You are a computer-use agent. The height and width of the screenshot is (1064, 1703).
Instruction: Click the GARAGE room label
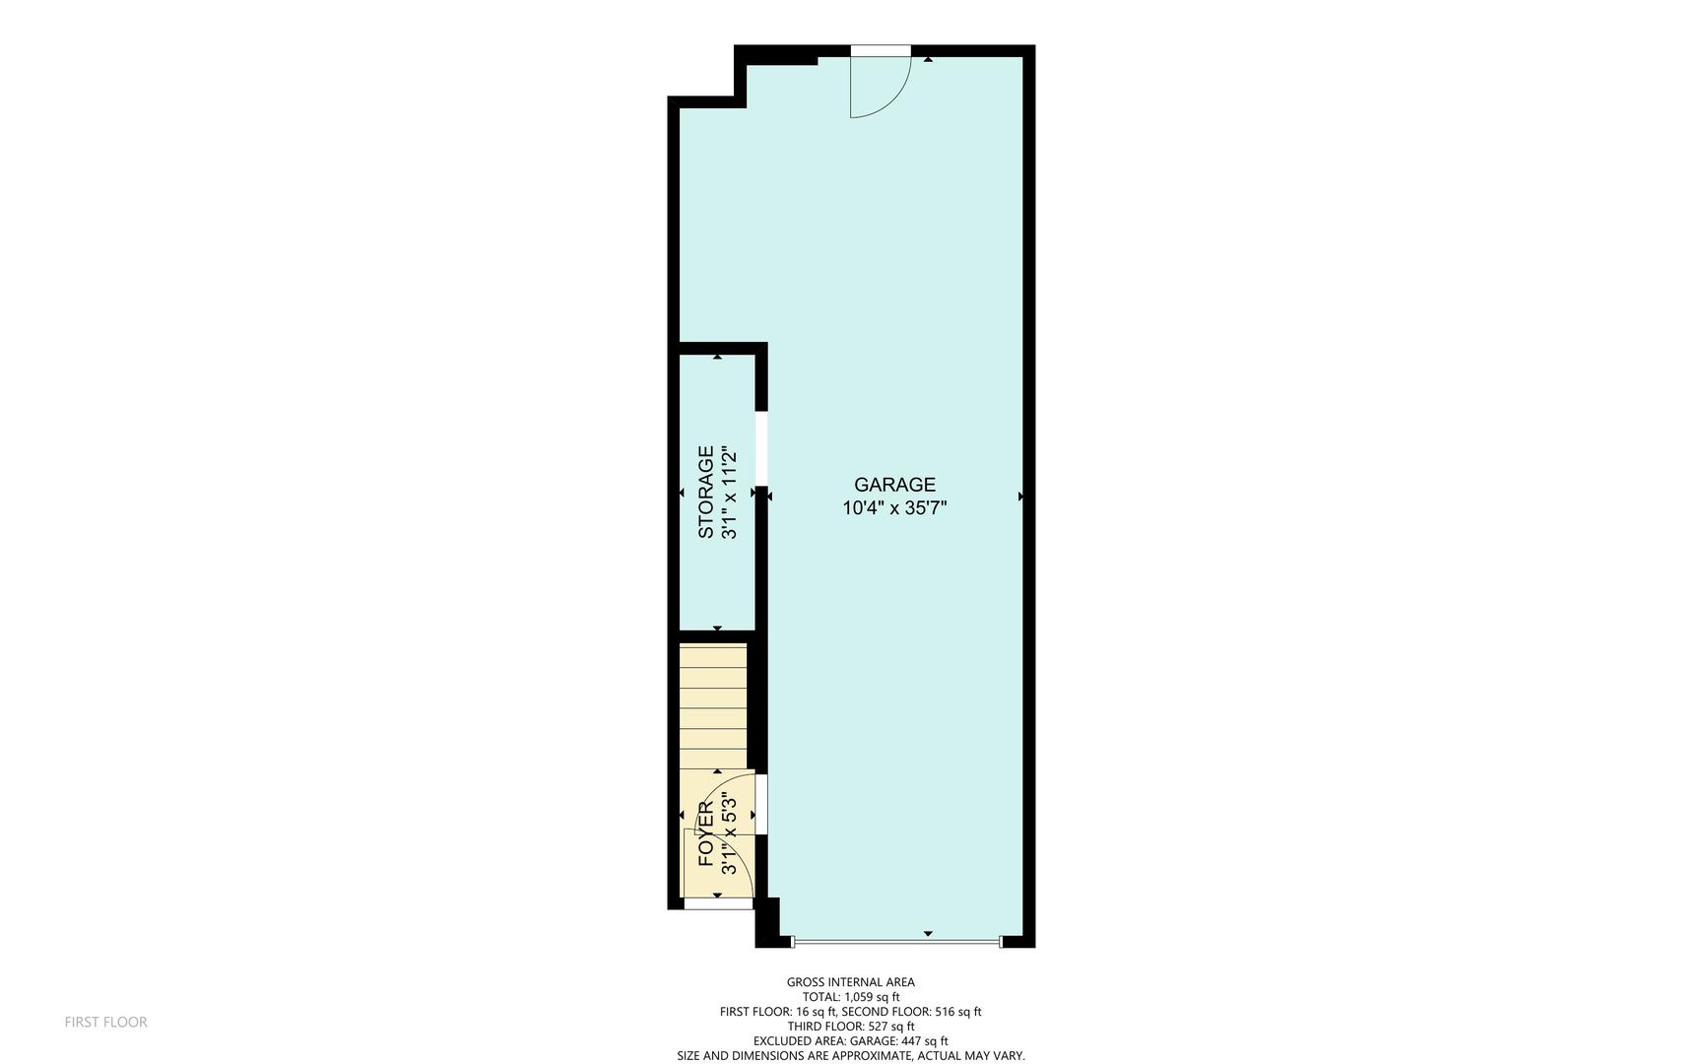[x=894, y=485]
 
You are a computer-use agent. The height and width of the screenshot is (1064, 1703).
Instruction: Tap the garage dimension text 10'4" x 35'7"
[x=894, y=508]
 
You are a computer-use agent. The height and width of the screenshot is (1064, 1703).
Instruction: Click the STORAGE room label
[x=706, y=493]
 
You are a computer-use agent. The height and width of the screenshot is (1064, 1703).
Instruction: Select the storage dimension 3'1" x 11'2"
[x=730, y=493]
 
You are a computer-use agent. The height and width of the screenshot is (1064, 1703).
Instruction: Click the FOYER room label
[x=706, y=833]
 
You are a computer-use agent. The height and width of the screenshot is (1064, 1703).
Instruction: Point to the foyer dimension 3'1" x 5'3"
[x=730, y=833]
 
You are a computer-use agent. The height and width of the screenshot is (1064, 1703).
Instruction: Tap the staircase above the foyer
[x=713, y=704]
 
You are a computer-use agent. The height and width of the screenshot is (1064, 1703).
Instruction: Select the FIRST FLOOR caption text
[x=105, y=1023]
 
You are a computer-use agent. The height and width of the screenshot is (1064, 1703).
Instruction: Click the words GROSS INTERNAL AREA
[x=850, y=982]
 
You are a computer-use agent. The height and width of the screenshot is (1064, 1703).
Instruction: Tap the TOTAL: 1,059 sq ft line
[x=850, y=997]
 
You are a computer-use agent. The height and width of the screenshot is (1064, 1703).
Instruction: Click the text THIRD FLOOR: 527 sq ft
[x=850, y=1026]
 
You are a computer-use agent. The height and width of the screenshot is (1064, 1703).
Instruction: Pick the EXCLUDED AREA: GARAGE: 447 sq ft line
[x=850, y=1040]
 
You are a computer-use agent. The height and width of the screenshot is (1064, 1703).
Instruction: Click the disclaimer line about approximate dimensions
[x=850, y=1055]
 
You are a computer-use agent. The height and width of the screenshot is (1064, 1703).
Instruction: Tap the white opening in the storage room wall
[x=761, y=448]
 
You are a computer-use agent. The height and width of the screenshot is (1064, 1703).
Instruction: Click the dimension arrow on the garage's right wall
[x=1020, y=497]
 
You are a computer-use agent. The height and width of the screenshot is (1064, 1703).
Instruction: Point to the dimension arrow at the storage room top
[x=717, y=357]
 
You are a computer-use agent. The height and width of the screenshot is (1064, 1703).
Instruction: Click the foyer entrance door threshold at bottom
[x=717, y=903]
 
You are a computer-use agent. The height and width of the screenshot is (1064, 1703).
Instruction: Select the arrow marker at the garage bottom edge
[x=928, y=933]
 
